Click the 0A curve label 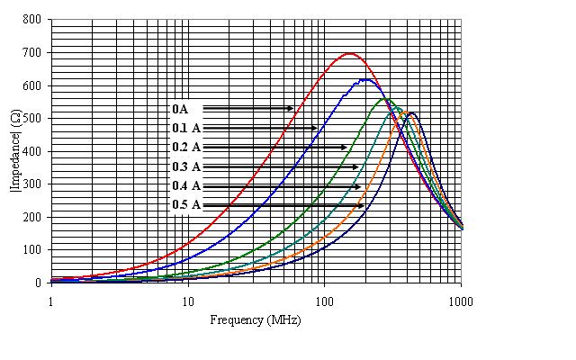(181, 108)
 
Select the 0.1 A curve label (186, 128)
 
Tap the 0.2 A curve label (186, 147)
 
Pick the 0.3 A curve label (186, 166)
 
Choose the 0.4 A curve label (186, 186)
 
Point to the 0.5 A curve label (186, 205)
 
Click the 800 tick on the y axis (33, 20)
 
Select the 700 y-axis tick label (33, 52)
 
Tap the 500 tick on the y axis (33, 118)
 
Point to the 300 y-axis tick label (33, 184)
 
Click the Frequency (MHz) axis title (249, 320)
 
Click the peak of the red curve (349, 54)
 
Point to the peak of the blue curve (365, 79)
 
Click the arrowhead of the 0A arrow (292, 108)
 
